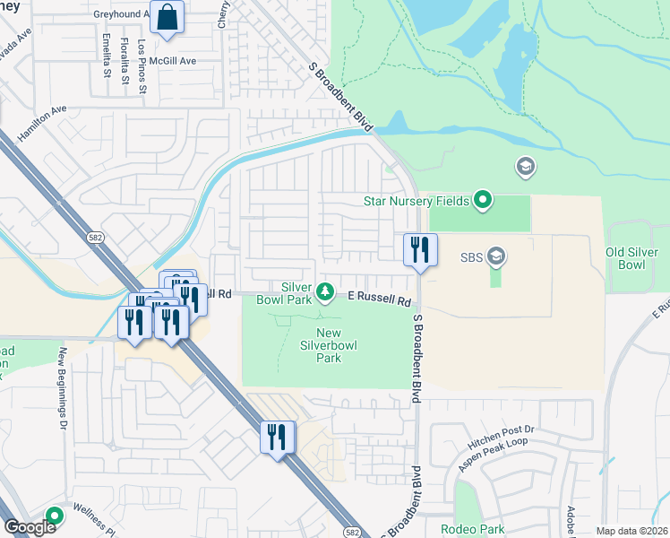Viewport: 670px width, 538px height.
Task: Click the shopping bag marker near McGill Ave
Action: point(167,18)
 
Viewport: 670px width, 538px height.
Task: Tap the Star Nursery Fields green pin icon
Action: point(483,200)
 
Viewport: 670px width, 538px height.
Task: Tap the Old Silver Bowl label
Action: point(638,258)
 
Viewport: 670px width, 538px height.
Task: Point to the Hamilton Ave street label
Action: point(42,123)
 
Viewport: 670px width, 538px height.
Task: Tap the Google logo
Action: point(29,528)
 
